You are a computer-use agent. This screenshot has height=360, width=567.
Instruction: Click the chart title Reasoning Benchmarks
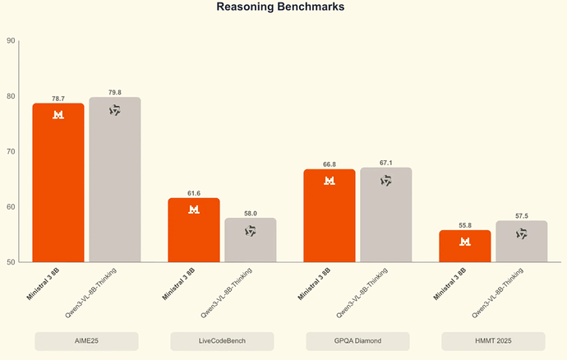(280, 7)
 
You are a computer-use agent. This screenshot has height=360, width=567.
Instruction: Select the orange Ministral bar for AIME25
(58, 182)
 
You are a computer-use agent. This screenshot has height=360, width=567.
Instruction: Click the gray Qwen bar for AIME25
(115, 180)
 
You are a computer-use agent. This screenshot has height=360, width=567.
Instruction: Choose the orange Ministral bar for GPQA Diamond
(330, 216)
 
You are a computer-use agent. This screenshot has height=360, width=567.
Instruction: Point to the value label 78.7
(58, 98)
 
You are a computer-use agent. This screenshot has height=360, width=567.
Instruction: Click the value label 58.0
(251, 213)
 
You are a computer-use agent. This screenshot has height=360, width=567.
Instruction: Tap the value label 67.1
(386, 163)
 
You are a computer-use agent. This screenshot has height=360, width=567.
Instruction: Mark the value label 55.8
(465, 225)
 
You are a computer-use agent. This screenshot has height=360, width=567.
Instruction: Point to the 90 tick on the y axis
(11, 40)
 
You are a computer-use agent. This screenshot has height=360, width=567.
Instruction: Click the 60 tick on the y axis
(11, 207)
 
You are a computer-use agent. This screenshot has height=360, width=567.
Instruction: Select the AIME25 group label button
(86, 341)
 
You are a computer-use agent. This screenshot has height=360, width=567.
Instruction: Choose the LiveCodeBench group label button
(222, 341)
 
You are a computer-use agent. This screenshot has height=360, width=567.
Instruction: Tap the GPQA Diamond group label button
(357, 341)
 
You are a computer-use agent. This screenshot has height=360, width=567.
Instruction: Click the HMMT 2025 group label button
(493, 341)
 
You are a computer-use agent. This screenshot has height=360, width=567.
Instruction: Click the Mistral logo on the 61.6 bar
(194, 210)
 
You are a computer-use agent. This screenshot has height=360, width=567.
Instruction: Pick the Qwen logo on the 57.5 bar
(521, 234)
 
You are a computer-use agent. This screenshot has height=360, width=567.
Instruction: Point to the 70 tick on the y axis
(11, 152)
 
